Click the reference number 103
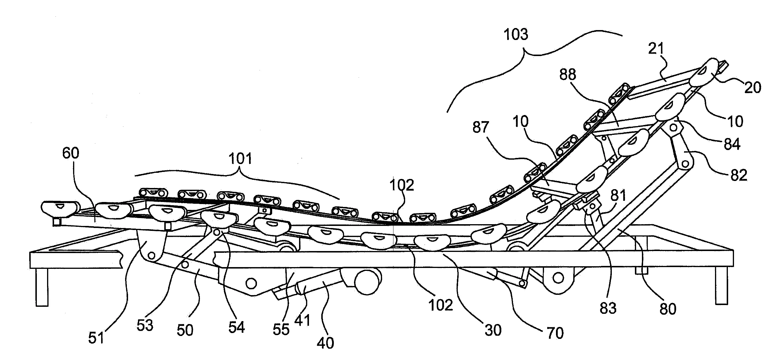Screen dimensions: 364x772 (x=516, y=35)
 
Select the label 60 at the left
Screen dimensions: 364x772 (x=71, y=153)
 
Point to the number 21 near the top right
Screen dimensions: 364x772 (x=656, y=48)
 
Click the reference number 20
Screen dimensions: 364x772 (x=752, y=87)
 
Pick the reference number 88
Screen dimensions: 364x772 (x=568, y=74)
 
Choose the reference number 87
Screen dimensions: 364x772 (x=481, y=127)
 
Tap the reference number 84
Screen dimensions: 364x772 (x=732, y=144)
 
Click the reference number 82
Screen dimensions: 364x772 (x=738, y=175)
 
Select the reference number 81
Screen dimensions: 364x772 (x=618, y=195)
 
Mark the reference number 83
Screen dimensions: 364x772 (x=608, y=308)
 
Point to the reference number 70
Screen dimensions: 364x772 (x=555, y=333)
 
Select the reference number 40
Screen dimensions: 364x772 (x=325, y=343)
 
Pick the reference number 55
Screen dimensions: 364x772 (x=281, y=329)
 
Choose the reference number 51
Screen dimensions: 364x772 (x=96, y=338)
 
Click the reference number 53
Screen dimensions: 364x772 (x=145, y=325)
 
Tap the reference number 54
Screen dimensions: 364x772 (x=236, y=327)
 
